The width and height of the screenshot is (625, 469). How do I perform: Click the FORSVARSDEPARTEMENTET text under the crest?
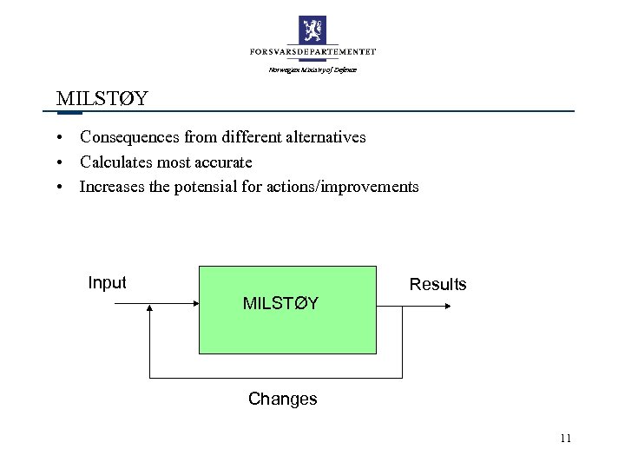tap(312, 52)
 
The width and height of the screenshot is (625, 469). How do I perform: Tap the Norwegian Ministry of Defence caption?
tap(312, 69)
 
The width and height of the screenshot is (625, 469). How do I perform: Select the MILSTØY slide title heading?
tap(101, 97)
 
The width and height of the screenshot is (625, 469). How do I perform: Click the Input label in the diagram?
tap(107, 282)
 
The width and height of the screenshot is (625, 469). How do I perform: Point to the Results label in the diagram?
tap(437, 284)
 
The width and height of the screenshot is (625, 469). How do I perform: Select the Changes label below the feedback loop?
tap(282, 399)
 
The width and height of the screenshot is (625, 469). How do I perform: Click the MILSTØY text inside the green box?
tap(280, 303)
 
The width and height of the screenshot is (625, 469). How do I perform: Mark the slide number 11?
tap(565, 438)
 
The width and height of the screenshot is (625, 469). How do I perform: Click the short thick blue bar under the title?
tap(69, 112)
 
